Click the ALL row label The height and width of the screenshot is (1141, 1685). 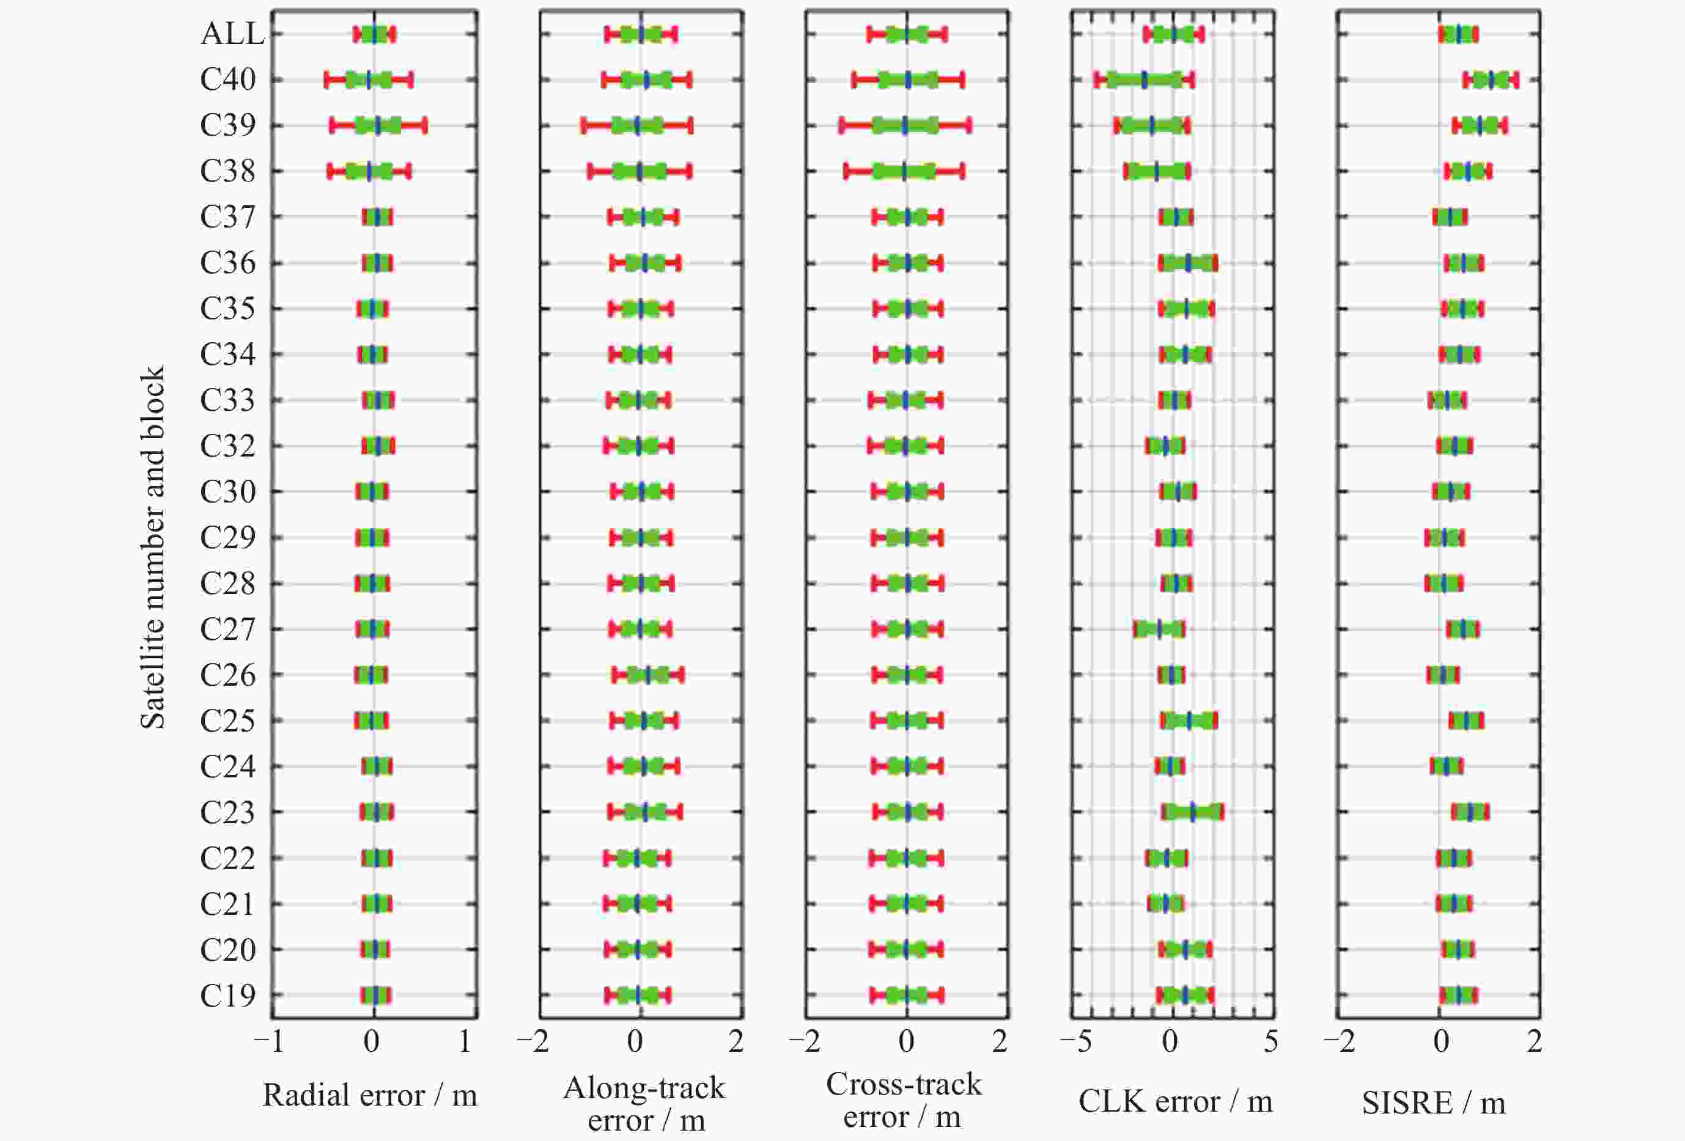point(232,34)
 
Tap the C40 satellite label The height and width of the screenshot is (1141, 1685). point(227,79)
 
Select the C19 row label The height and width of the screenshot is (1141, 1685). point(227,996)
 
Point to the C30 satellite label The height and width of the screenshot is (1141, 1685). point(227,491)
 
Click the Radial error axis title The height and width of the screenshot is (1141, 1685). point(370,1095)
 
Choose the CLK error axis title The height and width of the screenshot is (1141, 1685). point(1175,1101)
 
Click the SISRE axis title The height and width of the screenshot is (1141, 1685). point(1433,1103)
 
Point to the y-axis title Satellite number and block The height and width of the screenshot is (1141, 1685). point(152,548)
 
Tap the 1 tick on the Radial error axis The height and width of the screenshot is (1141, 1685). point(465,1041)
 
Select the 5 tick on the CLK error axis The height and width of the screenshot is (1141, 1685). point(1270,1041)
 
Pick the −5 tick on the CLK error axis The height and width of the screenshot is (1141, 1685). point(1075,1041)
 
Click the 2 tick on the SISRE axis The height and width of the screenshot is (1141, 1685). point(1534,1041)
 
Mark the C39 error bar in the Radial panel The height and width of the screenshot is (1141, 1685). point(378,125)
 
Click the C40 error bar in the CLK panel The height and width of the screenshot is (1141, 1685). point(1144,79)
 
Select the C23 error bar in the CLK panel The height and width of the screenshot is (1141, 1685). point(1193,812)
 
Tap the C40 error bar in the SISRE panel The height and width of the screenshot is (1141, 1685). point(1491,79)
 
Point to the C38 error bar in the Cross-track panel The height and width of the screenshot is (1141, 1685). point(904,171)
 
